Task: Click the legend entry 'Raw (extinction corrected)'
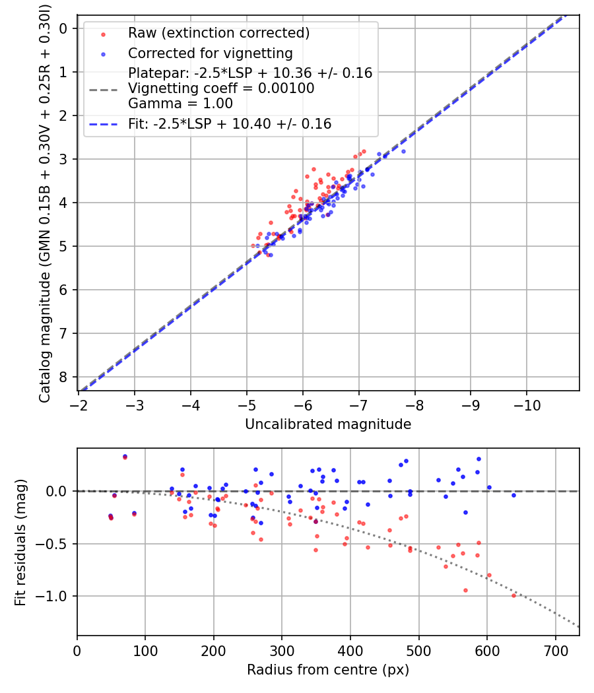[218, 33]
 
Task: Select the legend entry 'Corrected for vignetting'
[210, 53]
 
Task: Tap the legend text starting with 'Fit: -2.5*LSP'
[230, 123]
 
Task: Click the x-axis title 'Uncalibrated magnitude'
[328, 424]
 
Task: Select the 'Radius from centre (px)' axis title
[328, 670]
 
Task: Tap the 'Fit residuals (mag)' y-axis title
[20, 543]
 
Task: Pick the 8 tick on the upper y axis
[63, 378]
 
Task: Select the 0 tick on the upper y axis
[63, 28]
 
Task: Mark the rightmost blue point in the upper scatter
[403, 151]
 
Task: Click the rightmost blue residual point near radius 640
[513, 495]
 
